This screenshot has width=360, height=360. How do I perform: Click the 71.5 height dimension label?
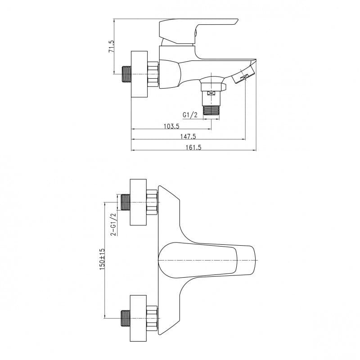point(111,46)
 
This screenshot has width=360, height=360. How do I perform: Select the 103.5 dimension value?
point(171,126)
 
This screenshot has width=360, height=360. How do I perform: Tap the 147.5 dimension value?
point(188,137)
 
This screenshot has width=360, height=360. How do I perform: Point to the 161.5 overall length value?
point(193,148)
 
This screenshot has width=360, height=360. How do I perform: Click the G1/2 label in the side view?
point(190,115)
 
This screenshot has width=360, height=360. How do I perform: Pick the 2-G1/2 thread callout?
point(114,224)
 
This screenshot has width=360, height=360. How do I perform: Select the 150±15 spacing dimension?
point(102,259)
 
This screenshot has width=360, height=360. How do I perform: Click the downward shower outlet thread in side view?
point(211,110)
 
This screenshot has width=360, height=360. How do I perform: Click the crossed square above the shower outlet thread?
point(211,93)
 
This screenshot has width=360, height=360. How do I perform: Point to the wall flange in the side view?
point(139,74)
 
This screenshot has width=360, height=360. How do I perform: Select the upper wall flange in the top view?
point(138,202)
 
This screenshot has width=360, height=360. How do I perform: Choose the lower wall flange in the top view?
point(138,318)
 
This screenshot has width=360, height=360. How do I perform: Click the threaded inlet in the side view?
point(126,74)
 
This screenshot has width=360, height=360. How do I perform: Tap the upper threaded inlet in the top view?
point(126,202)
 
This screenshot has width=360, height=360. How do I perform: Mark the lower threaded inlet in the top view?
point(126,318)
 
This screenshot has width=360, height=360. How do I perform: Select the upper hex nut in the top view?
point(152,202)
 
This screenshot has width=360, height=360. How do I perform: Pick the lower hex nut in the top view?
point(152,318)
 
